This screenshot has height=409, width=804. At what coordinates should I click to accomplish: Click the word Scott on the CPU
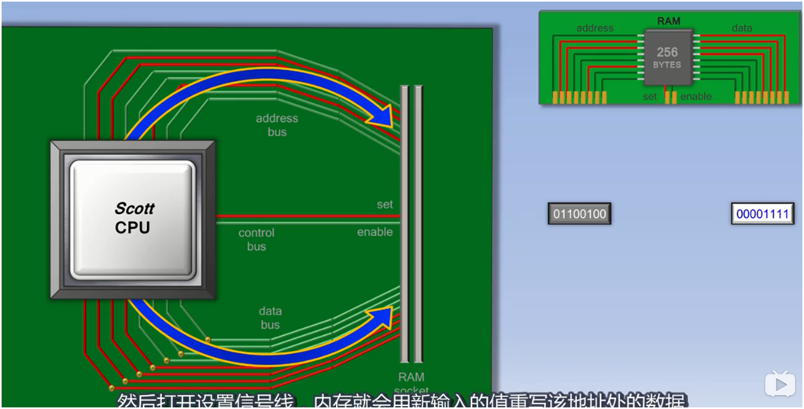134,208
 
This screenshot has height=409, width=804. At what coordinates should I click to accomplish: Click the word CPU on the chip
132,228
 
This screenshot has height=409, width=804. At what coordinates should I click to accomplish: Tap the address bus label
277,125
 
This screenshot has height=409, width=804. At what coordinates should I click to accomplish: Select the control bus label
256,239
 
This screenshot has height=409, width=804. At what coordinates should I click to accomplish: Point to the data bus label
270,318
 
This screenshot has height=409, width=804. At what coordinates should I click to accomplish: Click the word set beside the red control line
385,204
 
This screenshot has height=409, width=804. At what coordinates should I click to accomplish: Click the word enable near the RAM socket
374,232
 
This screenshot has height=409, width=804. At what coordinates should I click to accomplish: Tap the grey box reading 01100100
580,214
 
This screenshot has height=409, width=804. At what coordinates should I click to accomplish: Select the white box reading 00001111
762,214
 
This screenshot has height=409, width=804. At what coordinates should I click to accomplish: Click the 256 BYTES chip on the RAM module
667,57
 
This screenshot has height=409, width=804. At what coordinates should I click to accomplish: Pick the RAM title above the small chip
668,21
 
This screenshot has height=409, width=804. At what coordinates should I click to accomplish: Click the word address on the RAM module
595,28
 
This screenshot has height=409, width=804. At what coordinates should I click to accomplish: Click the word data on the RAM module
741,28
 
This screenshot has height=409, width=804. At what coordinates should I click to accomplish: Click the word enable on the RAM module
695,97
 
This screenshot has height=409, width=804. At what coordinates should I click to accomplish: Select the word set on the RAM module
649,97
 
